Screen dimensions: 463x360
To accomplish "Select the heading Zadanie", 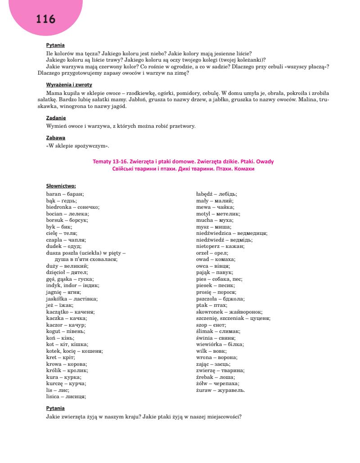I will pos(56,118).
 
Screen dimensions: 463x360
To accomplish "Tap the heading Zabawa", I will pos(56,138).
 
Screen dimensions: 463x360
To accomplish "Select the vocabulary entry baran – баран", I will pos(65,194).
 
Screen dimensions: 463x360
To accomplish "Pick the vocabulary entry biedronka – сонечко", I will pos(73,207).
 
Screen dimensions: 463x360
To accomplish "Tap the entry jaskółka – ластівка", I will pos(72,298).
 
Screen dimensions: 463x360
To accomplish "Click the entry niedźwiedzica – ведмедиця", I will pos(232,233).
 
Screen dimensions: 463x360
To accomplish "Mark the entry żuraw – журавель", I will pos(220,390).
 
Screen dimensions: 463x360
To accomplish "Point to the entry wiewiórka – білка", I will pos(220,344).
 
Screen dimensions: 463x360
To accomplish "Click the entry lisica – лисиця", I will pos(66,396).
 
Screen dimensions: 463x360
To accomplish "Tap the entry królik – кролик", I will pos(67,370).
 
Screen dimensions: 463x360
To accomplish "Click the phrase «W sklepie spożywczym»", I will pos(77,146).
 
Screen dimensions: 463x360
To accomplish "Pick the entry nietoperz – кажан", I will pos(220,246).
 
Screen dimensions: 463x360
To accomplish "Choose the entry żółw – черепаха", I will pos(218,383).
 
